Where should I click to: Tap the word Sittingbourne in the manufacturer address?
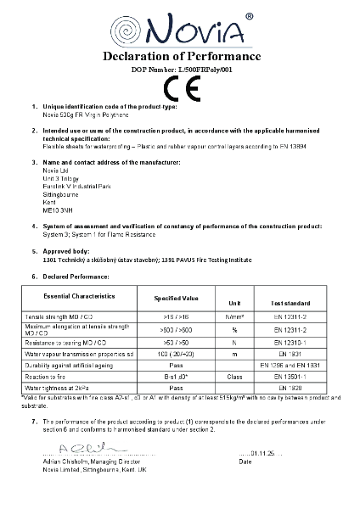60,172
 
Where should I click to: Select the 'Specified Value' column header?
176,299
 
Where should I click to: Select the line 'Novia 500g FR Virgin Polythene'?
85,114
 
